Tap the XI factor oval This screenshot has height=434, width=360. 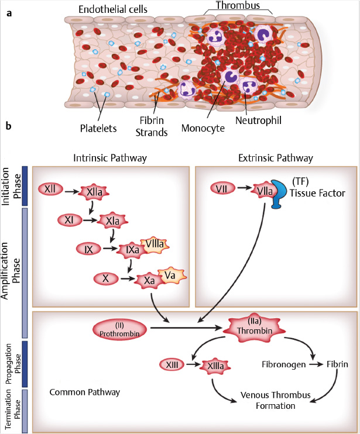click(x=69, y=220)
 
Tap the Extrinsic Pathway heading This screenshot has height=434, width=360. click(x=275, y=158)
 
